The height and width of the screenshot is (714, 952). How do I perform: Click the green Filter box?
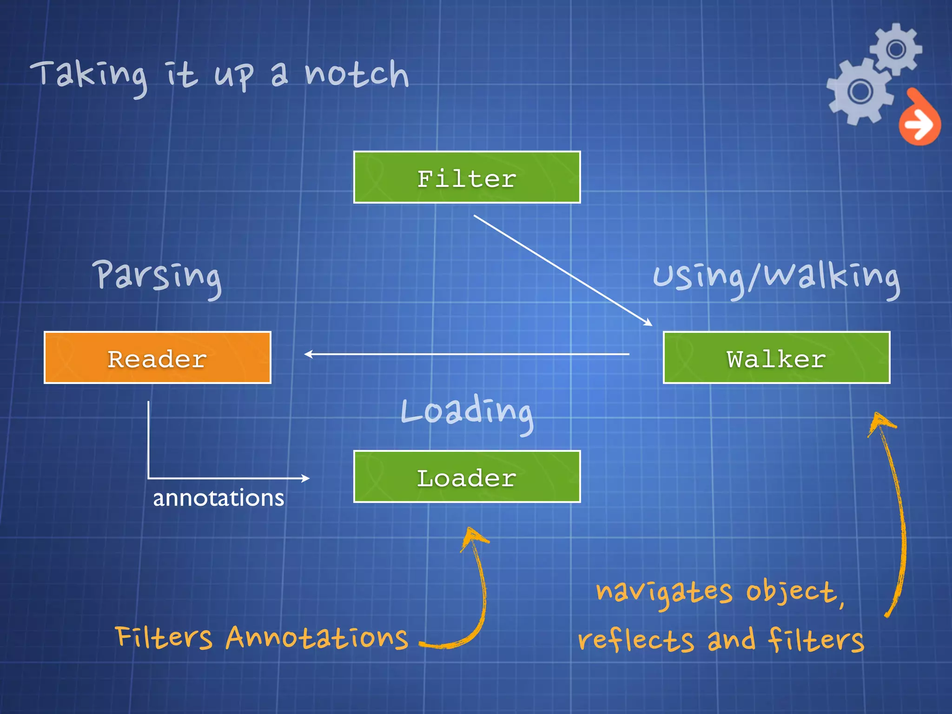pos(467,177)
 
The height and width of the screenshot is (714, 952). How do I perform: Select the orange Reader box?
pos(157,357)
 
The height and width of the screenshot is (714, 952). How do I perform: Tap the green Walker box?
pos(776,357)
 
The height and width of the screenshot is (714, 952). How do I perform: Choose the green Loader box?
pos(467,476)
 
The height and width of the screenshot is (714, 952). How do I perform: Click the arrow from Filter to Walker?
pos(562,270)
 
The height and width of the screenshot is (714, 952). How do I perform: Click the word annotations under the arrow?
pos(218,498)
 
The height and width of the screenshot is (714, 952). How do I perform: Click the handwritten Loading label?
pos(467,411)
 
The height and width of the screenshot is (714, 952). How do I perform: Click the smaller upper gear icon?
pos(896,49)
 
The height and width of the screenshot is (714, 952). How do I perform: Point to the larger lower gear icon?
pos(860,91)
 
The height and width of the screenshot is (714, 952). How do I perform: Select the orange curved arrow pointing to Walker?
pos(895,511)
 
